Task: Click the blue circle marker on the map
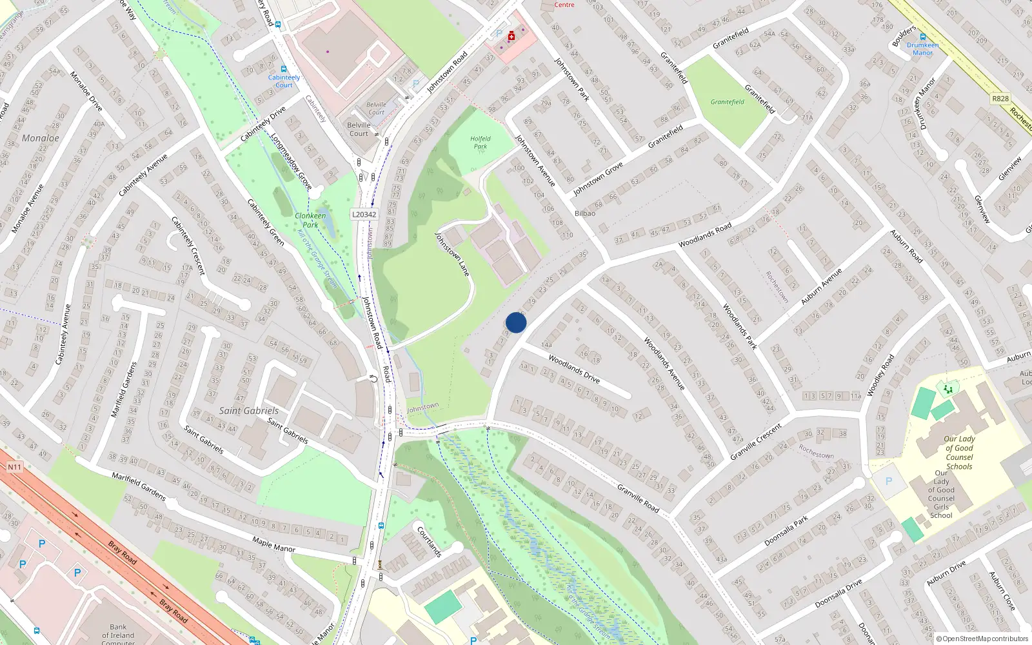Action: (x=516, y=322)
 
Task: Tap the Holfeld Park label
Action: (x=481, y=143)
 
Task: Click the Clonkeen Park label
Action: (x=310, y=220)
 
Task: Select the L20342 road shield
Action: (x=364, y=215)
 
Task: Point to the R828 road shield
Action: (x=1000, y=99)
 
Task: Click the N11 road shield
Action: (x=14, y=467)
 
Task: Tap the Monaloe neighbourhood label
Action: (x=40, y=138)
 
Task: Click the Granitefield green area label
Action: (x=728, y=102)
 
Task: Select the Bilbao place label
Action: (x=585, y=213)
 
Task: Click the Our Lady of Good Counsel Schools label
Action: (x=959, y=452)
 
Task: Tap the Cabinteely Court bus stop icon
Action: (x=283, y=69)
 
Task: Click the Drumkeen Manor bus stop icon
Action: (x=923, y=37)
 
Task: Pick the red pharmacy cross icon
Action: (x=511, y=37)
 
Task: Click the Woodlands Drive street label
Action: (x=574, y=368)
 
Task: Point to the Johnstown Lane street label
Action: (x=453, y=254)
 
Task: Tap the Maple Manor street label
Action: (x=273, y=544)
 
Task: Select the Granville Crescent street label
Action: (x=756, y=442)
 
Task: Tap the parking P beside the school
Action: (x=889, y=481)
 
